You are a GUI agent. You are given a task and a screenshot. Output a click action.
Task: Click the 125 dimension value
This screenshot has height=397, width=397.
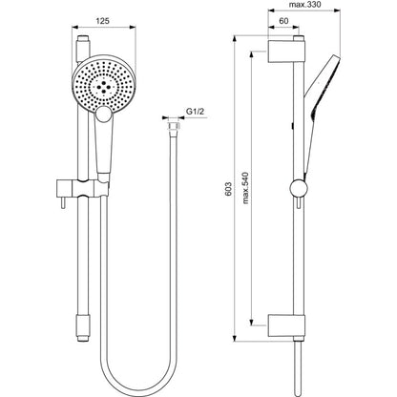tap(102, 21)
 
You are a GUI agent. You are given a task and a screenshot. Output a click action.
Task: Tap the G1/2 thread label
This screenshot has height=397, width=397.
tap(195, 112)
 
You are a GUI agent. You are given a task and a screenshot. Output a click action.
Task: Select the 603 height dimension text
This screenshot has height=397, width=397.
tap(228, 189)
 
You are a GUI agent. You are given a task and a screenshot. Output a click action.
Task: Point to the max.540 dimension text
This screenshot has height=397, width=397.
tap(245, 188)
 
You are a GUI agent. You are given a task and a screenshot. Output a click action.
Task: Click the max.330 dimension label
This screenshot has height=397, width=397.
tap(304, 5)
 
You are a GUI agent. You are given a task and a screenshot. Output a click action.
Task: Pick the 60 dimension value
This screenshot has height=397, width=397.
tap(283, 21)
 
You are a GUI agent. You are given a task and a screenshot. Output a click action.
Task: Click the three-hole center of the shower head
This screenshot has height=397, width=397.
tap(104, 87)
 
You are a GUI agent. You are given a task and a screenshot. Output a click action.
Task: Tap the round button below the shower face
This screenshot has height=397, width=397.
tap(104, 115)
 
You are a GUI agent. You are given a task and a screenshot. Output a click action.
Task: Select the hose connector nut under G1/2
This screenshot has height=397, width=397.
tap(174, 126)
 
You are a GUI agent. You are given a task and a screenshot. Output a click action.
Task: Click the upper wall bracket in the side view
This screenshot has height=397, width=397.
tap(286, 51)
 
